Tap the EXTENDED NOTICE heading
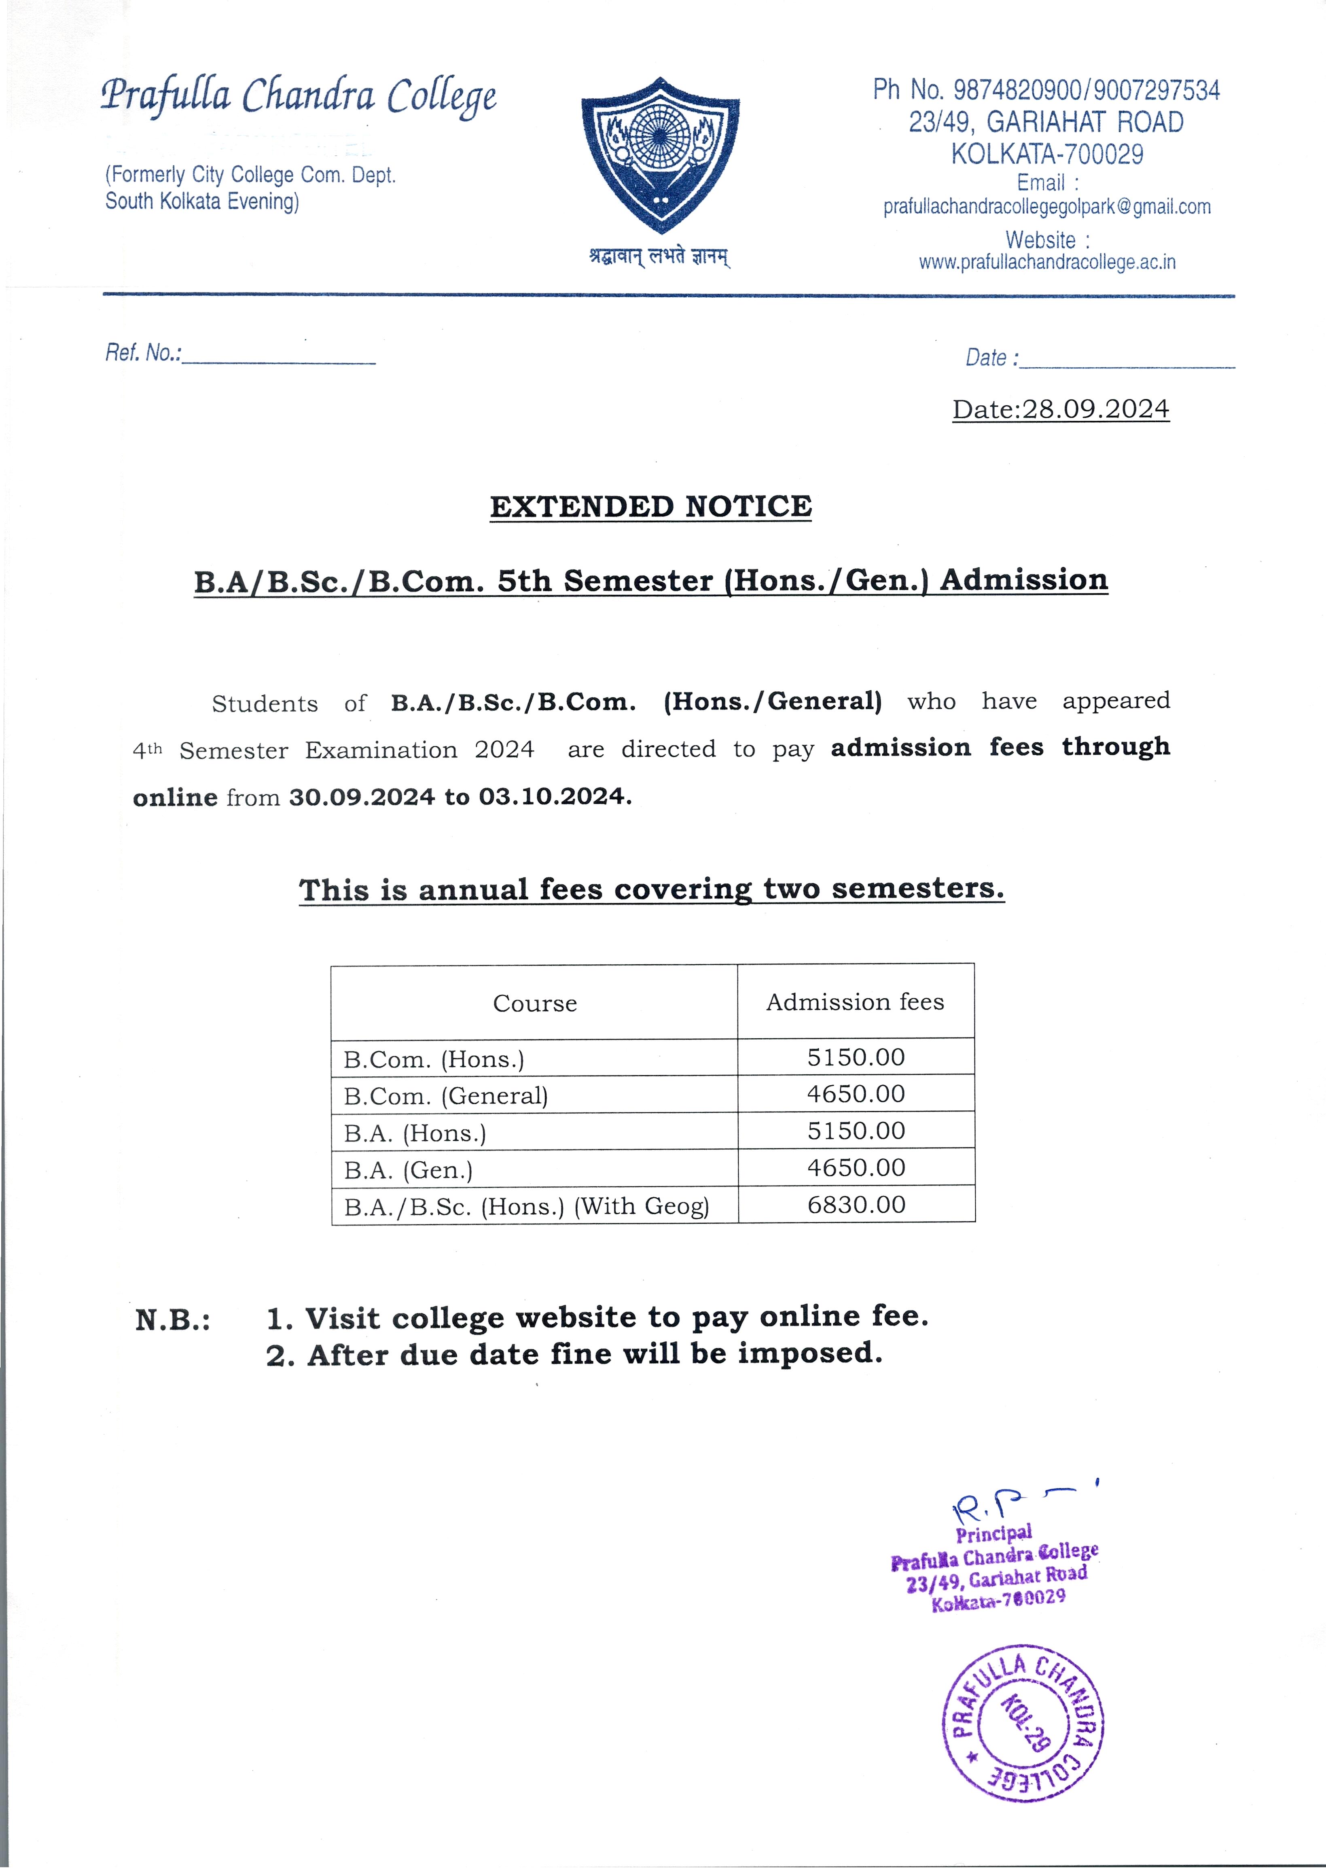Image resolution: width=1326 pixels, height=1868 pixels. [x=651, y=507]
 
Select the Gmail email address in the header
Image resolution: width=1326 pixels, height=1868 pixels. [x=1047, y=208]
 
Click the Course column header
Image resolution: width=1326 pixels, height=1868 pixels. [x=535, y=1004]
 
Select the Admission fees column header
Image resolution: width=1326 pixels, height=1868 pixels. [x=855, y=1002]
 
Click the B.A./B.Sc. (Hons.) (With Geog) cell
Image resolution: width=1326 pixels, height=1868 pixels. [x=527, y=1207]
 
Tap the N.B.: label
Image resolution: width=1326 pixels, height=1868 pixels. [x=172, y=1320]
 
